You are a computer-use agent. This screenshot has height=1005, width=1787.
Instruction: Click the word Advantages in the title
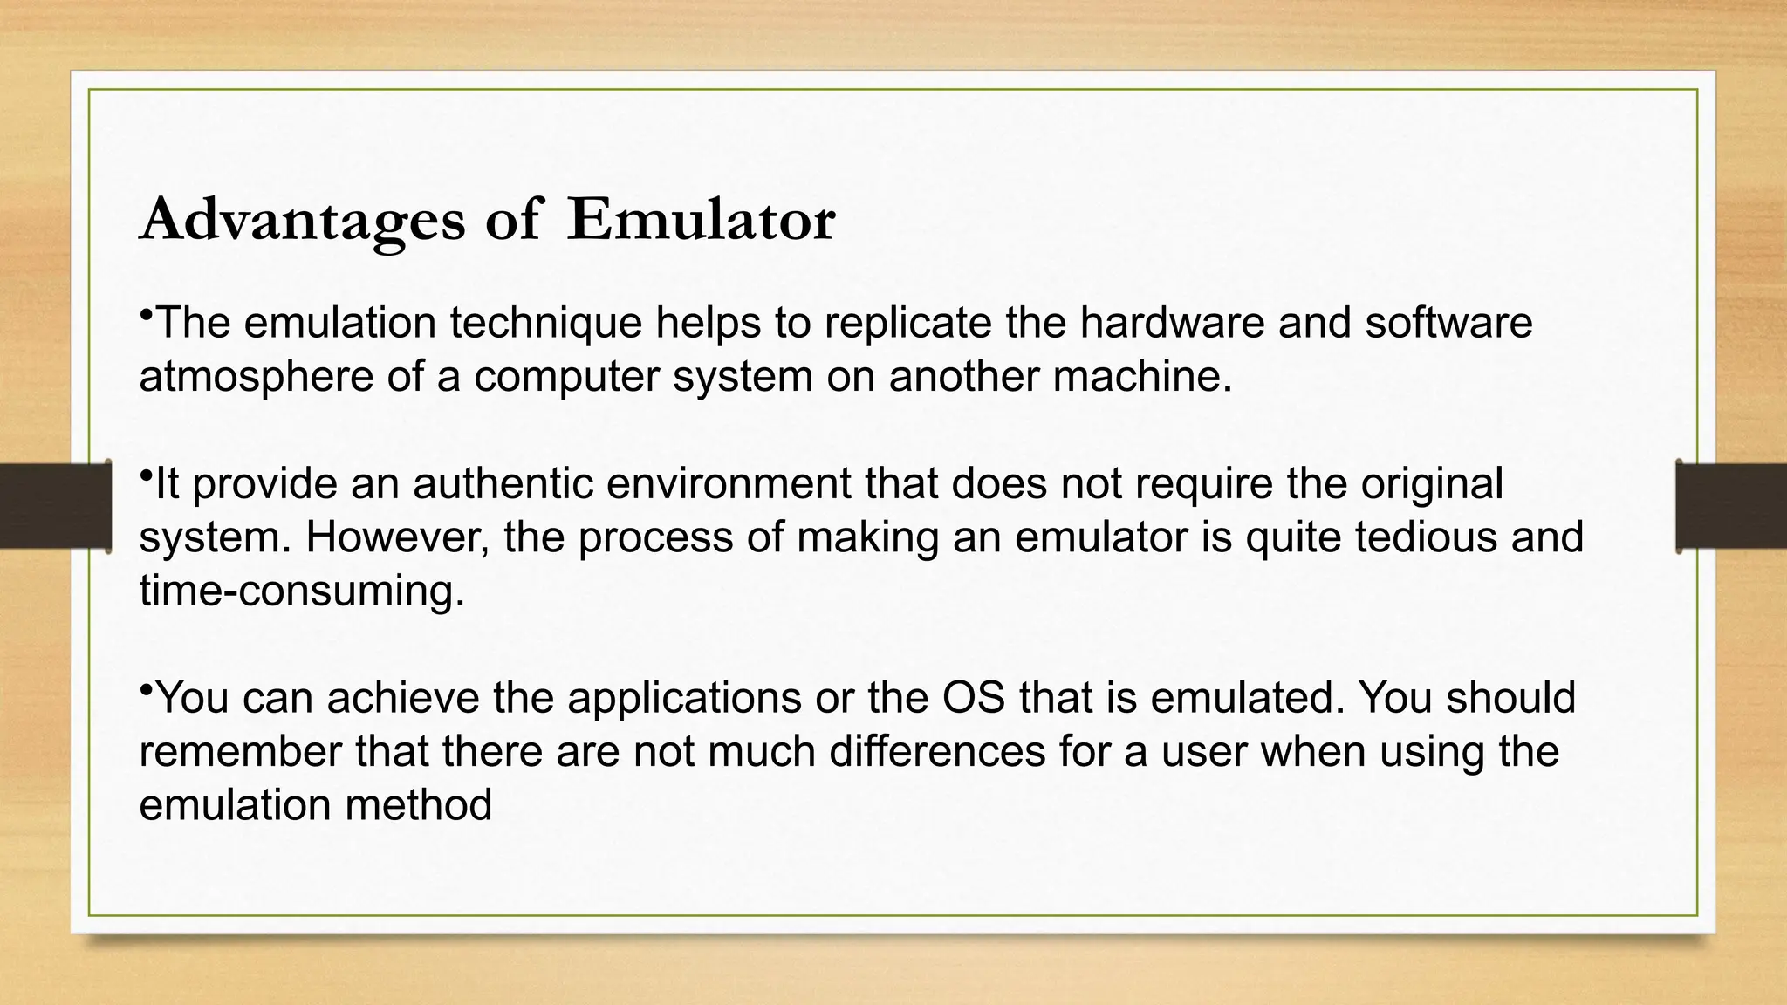[302, 220]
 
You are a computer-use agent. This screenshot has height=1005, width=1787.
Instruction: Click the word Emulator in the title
[701, 220]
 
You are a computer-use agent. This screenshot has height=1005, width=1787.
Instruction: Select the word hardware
[1172, 323]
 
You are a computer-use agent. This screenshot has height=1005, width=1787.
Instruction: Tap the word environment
[728, 484]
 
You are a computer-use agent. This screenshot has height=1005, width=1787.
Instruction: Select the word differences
[936, 752]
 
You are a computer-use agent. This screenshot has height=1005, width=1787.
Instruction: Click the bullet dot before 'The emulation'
[146, 312]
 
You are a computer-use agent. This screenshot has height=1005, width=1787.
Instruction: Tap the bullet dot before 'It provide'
[146, 474]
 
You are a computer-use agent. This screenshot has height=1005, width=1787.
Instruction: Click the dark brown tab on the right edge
[1732, 506]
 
